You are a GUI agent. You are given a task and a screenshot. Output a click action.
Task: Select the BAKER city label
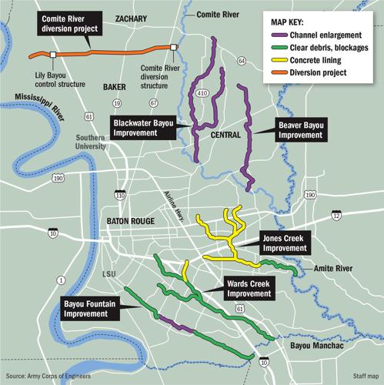114,88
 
